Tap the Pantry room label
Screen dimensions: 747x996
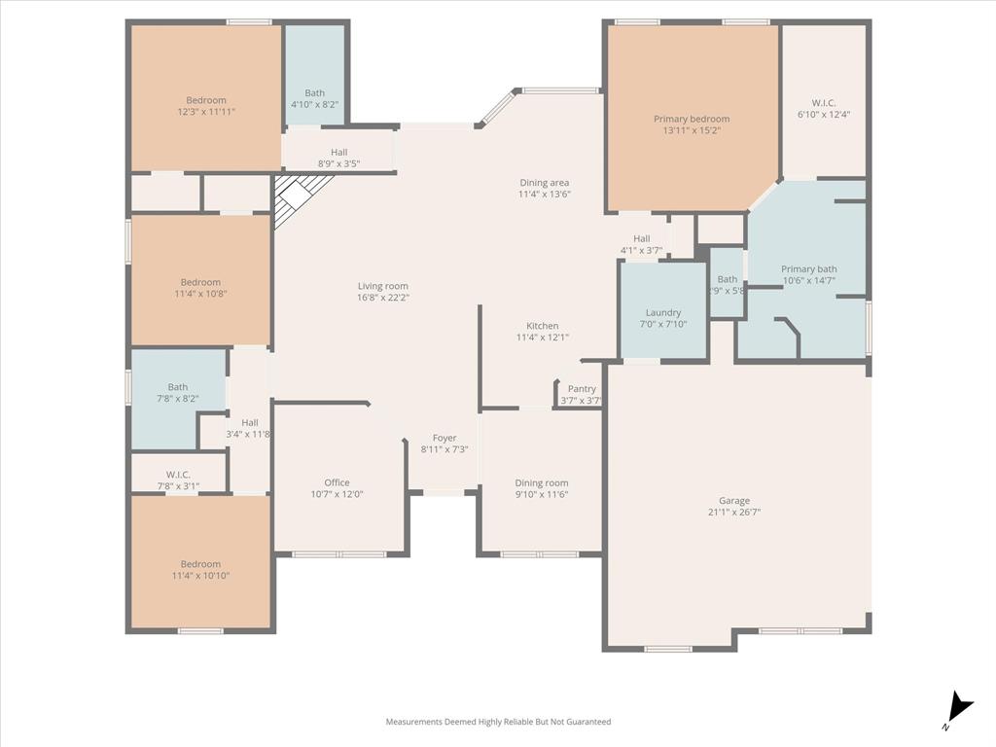(582, 389)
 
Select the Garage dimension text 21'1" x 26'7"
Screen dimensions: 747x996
(734, 512)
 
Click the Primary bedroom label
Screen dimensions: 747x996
(692, 119)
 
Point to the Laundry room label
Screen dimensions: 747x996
(663, 312)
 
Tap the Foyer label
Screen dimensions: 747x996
(445, 438)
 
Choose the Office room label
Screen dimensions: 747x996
(337, 482)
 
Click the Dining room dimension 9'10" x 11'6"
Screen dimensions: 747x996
(542, 494)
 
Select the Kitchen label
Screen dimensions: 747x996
(543, 326)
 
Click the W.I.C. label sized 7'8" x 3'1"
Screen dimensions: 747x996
(178, 475)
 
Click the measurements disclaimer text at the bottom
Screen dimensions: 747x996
(498, 722)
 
